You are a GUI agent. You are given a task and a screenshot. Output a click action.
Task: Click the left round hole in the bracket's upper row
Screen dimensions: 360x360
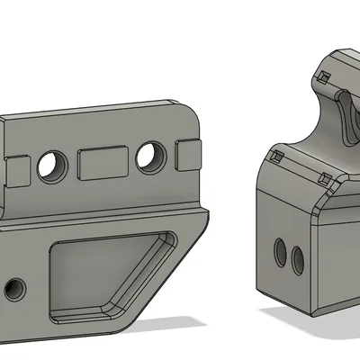point(52,164)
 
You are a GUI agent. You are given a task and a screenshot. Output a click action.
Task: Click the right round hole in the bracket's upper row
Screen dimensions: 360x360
point(150,157)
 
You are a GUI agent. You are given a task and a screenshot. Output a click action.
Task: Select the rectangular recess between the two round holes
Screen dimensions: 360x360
point(101,163)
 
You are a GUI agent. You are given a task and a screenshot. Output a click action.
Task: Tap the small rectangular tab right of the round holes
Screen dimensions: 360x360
point(188,154)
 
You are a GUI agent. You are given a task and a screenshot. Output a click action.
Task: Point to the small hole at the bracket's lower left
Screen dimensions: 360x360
point(13,289)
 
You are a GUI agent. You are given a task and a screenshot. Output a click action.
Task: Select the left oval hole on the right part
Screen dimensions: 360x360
point(281,253)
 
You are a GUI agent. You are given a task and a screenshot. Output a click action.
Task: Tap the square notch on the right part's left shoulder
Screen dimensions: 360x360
point(277,157)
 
